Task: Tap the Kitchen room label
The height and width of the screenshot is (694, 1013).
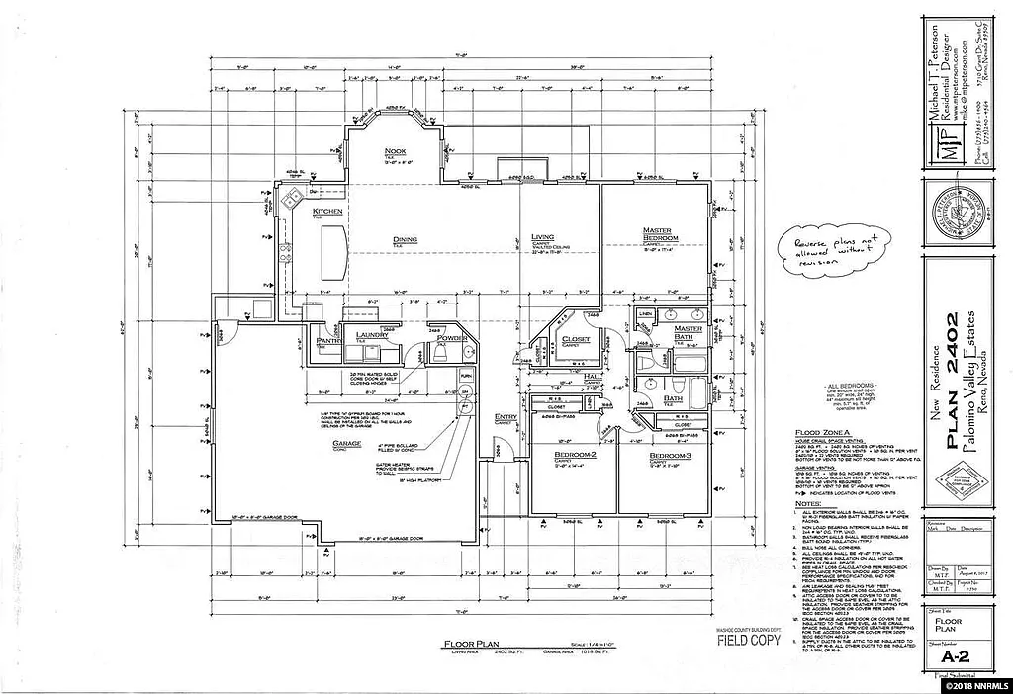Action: click(x=327, y=212)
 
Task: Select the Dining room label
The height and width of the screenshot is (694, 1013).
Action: click(x=404, y=238)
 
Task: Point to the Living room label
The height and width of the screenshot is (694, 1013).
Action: click(x=543, y=236)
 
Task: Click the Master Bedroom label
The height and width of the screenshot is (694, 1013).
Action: click(x=658, y=234)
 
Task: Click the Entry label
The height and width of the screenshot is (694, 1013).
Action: click(x=506, y=416)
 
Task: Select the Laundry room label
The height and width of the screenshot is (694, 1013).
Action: click(x=372, y=335)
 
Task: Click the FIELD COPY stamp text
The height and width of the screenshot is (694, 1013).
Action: click(x=746, y=640)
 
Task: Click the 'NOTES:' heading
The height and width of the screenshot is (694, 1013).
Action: click(x=809, y=503)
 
